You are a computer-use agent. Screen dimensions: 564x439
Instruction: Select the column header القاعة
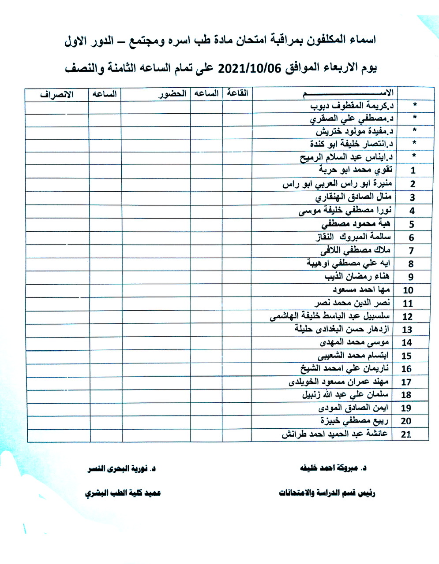pos(237,93)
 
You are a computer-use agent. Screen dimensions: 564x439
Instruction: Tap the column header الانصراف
pos(57,94)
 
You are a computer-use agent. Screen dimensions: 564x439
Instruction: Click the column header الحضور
pos(172,94)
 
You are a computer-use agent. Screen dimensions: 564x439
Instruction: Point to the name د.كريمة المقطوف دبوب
pos(352,106)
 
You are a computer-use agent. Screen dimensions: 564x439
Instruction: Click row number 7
pos(412,251)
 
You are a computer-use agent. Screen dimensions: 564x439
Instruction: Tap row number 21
pos(406,434)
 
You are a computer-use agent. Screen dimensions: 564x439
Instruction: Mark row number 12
pos(407,316)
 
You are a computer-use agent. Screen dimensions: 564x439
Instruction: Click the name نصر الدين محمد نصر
pos(352,303)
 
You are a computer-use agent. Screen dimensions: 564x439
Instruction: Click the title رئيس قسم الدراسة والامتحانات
pos(327,493)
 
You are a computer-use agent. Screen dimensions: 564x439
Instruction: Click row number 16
pos(406,369)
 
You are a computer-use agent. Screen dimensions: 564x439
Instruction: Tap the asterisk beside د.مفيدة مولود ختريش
pos(414,131)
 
